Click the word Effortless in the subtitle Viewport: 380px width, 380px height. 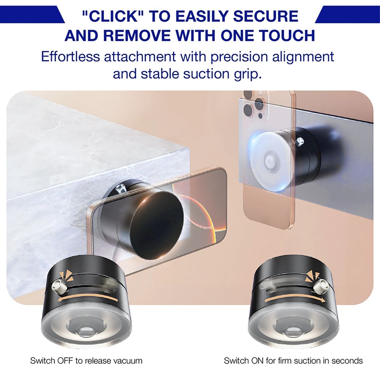(x=70, y=56)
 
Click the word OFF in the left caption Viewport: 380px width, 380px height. (x=65, y=361)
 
